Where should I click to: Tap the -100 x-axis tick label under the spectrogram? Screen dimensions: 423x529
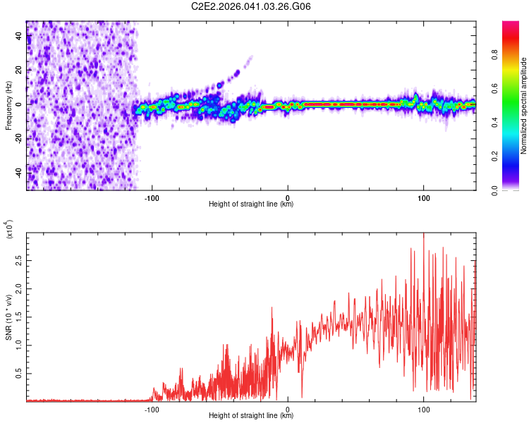151,197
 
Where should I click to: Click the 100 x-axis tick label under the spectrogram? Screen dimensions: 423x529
424,197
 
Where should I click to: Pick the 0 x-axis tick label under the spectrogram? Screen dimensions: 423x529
288,197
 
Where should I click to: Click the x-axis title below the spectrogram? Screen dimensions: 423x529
251,205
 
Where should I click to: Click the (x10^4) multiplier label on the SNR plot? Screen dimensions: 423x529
10,230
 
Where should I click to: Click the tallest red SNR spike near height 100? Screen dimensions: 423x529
423,235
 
